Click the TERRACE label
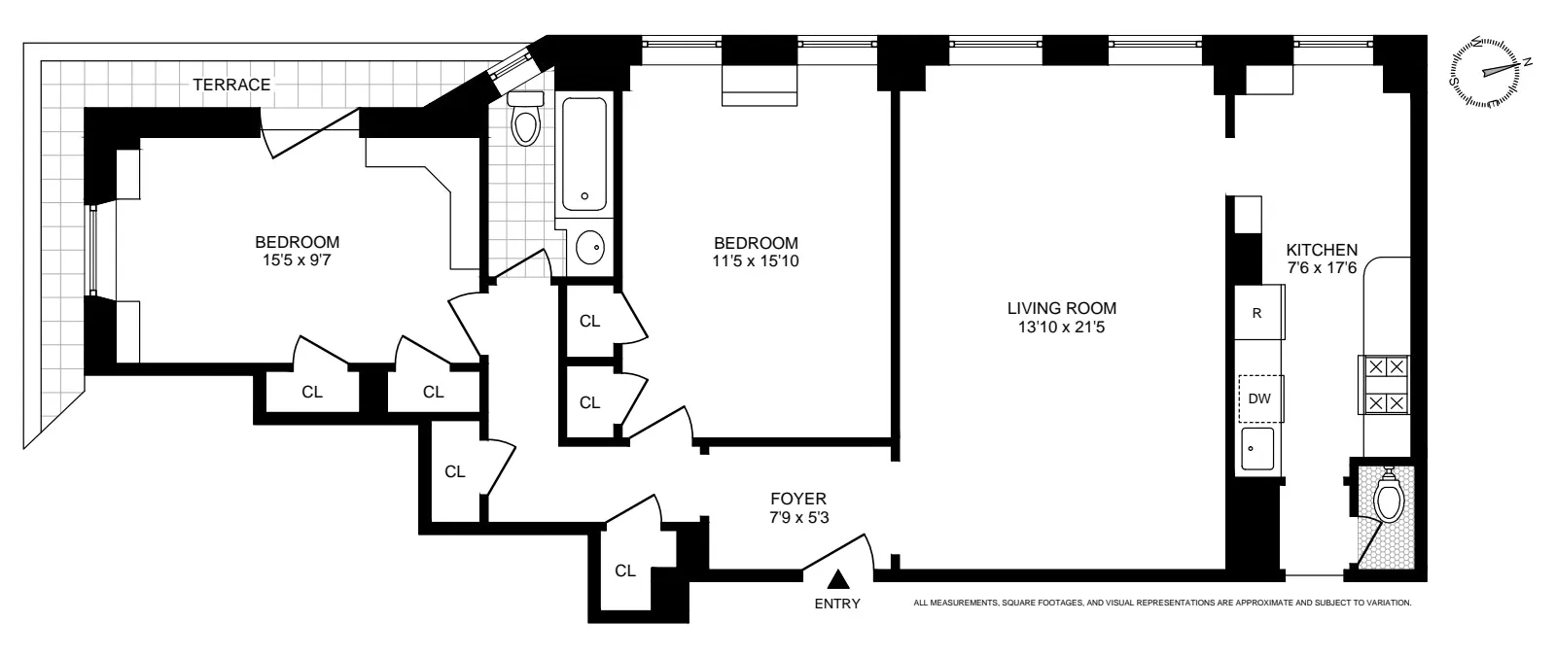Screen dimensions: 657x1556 coord(231,85)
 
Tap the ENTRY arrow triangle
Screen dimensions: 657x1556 coord(838,581)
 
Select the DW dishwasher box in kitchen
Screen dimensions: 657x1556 coord(1260,398)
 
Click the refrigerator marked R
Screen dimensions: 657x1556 coord(1258,313)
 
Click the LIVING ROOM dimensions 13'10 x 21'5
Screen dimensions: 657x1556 coord(1061,328)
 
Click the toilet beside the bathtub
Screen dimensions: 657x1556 coord(526,120)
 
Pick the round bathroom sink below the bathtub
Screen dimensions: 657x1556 coord(590,249)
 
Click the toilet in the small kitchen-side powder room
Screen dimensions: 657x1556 coord(1389,500)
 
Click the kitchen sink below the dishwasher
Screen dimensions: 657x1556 coord(1259,449)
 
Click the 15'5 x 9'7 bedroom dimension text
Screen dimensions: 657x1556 coord(297,260)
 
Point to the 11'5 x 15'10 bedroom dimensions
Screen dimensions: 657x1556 coord(756,260)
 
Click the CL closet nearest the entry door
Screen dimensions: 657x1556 coord(624,571)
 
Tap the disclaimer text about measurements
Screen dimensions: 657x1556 coord(1162,603)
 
